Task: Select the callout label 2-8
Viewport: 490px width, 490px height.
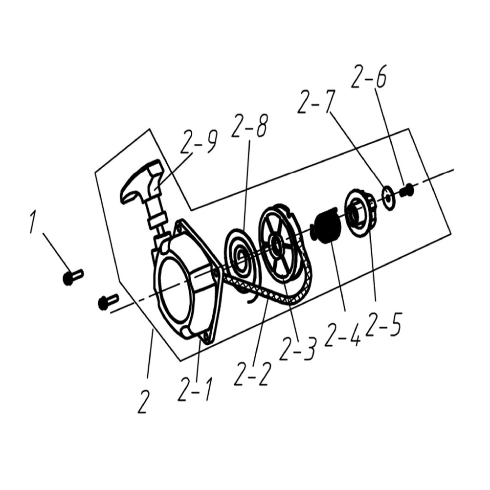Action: (x=250, y=127)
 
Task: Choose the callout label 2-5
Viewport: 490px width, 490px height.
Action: (x=383, y=326)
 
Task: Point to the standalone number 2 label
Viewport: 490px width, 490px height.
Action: (x=143, y=402)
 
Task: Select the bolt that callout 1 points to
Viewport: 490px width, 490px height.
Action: (x=72, y=277)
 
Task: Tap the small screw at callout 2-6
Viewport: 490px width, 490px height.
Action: (x=406, y=190)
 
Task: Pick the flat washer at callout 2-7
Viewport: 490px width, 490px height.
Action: (x=389, y=198)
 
